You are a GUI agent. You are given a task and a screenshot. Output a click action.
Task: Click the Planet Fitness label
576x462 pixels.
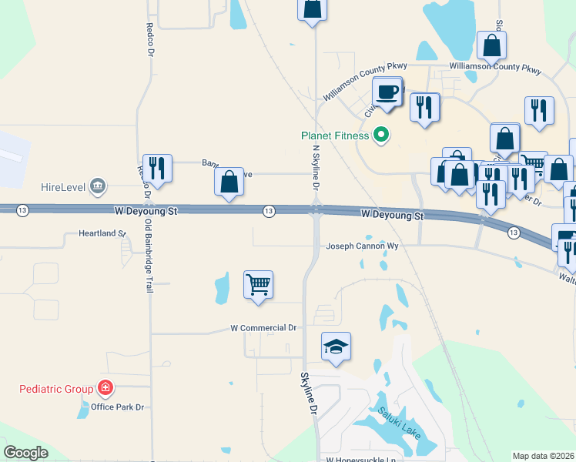tap(335, 136)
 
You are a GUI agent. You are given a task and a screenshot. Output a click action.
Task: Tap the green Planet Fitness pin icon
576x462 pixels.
tap(380, 136)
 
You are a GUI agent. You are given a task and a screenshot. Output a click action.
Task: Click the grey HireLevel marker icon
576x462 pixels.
tap(98, 186)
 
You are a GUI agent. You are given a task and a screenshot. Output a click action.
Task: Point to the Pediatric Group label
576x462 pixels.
tap(56, 389)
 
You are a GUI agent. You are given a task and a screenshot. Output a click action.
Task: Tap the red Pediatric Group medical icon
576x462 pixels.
tap(105, 389)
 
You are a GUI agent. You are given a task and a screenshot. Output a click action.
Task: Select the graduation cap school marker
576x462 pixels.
tap(336, 347)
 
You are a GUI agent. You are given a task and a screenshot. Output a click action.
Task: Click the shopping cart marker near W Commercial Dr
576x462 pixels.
tap(258, 284)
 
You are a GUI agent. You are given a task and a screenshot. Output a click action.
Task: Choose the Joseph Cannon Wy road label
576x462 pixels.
tap(362, 246)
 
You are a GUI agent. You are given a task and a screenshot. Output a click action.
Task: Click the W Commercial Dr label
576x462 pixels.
tap(263, 328)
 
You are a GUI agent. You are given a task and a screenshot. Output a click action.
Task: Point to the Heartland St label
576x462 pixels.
tap(102, 233)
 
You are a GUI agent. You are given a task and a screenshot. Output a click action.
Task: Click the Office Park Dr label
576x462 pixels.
tap(118, 407)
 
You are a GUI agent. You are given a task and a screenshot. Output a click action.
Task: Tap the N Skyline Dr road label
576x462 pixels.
tap(315, 167)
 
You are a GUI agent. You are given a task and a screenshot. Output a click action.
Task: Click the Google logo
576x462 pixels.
tap(25, 453)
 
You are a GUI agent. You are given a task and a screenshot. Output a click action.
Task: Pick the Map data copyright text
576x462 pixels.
tap(543, 456)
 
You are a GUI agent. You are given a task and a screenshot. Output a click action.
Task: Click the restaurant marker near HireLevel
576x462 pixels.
tap(157, 168)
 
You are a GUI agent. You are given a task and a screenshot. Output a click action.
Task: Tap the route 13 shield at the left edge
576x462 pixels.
tap(24, 210)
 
